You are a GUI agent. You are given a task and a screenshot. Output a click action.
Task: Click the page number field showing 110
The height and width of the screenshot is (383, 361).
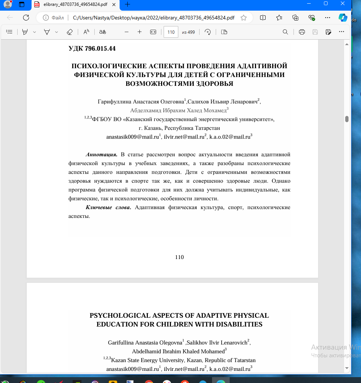171,32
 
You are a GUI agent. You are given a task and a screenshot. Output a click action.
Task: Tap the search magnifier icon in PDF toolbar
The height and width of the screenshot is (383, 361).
285,32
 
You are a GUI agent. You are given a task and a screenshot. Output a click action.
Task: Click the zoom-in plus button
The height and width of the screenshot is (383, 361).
139,32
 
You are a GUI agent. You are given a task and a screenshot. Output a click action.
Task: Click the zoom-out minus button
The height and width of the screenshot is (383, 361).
127,32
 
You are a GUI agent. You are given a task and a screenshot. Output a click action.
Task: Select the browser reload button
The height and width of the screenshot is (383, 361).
26,18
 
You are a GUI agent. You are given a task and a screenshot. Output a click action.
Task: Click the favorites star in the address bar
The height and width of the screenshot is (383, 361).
244,18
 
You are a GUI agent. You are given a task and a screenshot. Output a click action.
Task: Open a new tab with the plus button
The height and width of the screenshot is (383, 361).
127,4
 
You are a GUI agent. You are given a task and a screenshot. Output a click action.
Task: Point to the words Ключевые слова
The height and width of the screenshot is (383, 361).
108,208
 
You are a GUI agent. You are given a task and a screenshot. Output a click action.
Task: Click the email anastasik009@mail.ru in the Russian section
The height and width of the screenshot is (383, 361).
132,137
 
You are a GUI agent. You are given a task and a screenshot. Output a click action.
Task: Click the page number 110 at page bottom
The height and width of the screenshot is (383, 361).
179,257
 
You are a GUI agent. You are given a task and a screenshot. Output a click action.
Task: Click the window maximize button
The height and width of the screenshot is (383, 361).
325,4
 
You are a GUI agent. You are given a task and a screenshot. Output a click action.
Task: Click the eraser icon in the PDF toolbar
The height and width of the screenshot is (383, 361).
70,32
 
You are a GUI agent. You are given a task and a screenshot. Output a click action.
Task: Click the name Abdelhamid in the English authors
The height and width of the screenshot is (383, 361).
146,351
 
